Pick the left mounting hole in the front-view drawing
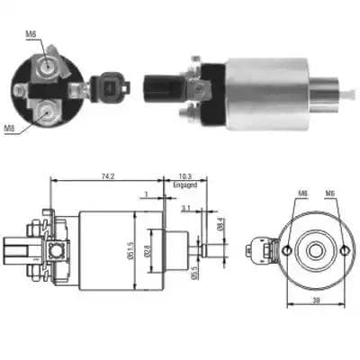(x=284, y=249)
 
